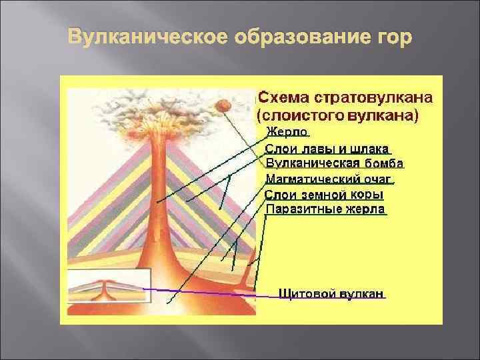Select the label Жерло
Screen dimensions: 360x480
287,132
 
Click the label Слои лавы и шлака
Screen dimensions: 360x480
327,148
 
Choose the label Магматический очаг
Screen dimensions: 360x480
329,179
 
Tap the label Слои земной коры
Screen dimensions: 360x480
324,195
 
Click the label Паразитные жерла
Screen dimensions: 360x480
325,209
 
